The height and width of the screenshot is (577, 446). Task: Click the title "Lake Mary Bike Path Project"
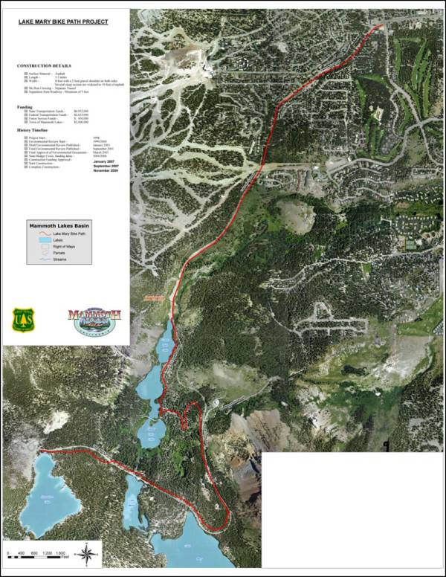coord(63,22)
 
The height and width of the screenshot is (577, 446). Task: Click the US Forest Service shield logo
coord(22,318)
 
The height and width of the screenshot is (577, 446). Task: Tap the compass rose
coord(88,552)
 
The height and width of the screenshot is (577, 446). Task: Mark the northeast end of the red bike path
coord(383,25)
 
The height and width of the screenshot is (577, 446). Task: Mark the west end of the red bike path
coord(41,451)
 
